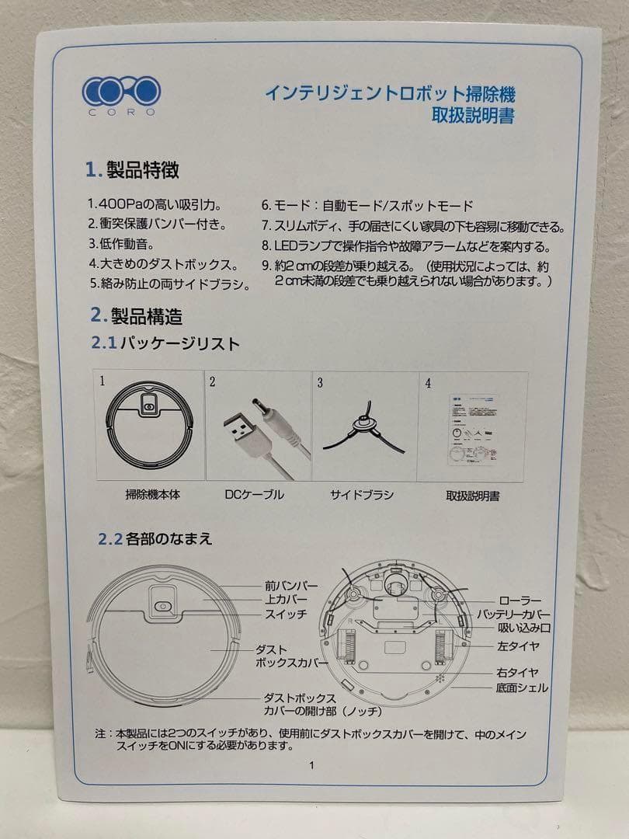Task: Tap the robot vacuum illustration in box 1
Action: pyautogui.click(x=151, y=426)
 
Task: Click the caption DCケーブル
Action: pyautogui.click(x=254, y=495)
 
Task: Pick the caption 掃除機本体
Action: pyautogui.click(x=152, y=495)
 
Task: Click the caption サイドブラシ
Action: pyautogui.click(x=362, y=495)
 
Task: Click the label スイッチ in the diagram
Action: pyautogui.click(x=286, y=614)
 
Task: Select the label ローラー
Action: pyautogui.click(x=518, y=601)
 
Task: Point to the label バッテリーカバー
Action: pyautogui.click(x=523, y=614)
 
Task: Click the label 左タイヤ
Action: pyautogui.click(x=518, y=646)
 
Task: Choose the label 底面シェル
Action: pyautogui.click(x=522, y=688)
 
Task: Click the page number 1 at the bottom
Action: pyautogui.click(x=311, y=764)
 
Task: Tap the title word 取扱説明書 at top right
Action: pyautogui.click(x=474, y=117)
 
